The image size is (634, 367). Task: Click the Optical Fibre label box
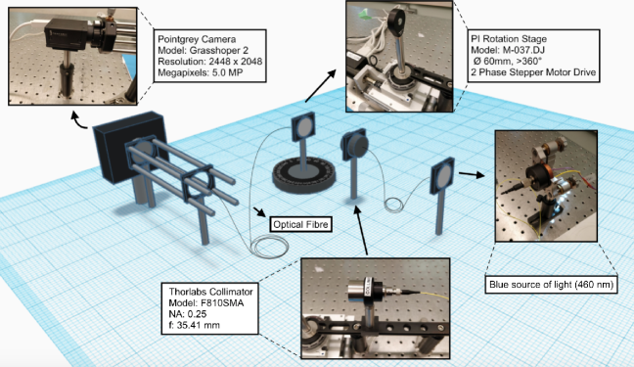tap(300, 224)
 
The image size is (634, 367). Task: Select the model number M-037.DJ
tap(521, 50)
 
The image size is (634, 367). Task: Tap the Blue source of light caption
tap(551, 285)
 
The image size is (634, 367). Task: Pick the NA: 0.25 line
tap(188, 314)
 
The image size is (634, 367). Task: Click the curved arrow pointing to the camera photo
tap(78, 120)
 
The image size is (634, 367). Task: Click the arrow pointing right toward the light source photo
tap(472, 174)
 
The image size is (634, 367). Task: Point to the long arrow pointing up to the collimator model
tap(361, 230)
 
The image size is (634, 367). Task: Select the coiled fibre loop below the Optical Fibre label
tap(269, 246)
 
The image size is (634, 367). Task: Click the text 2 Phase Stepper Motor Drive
tap(533, 72)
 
